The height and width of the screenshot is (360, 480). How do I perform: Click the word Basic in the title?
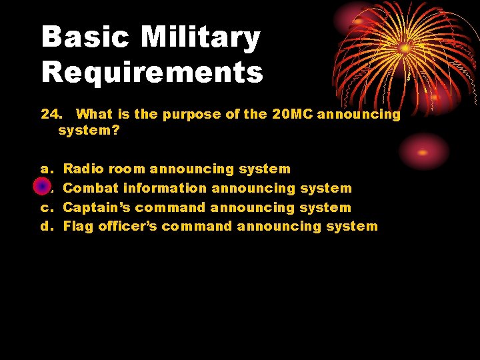click(85, 38)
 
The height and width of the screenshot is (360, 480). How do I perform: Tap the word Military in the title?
click(200, 38)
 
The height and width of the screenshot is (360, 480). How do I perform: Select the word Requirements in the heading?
click(152, 72)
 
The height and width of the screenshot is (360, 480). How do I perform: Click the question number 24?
click(52, 114)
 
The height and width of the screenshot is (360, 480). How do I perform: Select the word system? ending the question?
click(89, 131)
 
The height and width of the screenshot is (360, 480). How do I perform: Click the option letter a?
click(45, 169)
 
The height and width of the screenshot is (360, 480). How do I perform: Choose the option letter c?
click(45, 207)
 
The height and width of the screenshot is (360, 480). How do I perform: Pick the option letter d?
click(46, 226)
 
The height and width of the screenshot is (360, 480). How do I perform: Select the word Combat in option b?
click(91, 189)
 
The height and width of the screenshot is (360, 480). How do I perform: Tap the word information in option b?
click(165, 189)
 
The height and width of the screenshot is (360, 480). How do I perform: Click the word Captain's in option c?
click(96, 207)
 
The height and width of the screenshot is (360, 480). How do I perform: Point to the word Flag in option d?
click(78, 226)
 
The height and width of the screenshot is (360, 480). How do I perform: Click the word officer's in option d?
click(128, 226)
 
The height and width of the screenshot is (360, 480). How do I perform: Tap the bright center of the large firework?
click(405, 48)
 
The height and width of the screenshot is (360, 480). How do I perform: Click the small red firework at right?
click(423, 151)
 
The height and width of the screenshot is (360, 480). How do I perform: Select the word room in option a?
click(127, 169)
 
